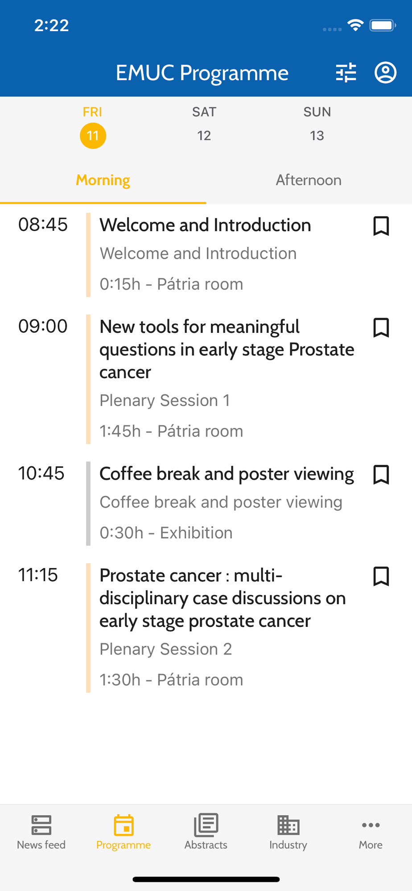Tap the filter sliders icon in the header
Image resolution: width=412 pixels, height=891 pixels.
click(346, 73)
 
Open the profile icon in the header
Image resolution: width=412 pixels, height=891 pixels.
click(385, 73)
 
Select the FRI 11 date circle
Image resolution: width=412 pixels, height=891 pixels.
click(93, 135)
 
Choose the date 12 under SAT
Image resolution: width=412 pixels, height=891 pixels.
click(204, 135)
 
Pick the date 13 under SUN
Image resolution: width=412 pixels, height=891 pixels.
click(317, 135)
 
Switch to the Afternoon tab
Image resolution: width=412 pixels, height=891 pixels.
click(309, 180)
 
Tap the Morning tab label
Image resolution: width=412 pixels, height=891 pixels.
click(103, 180)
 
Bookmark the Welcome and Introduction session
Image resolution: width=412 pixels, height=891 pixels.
click(381, 226)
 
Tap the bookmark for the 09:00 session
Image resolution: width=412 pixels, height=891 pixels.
click(381, 327)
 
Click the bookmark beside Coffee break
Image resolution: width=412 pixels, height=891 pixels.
click(381, 474)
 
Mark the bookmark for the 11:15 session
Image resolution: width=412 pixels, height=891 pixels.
click(381, 576)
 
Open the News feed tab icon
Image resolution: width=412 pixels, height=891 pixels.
click(41, 825)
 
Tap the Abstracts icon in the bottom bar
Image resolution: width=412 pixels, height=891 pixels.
click(206, 825)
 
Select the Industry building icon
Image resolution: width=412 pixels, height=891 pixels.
click(288, 825)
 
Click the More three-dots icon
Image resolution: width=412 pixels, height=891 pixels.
click(371, 825)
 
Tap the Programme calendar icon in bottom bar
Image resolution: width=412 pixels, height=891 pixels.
click(124, 825)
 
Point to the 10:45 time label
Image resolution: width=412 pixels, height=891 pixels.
click(41, 473)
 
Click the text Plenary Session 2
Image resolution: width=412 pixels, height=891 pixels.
click(166, 649)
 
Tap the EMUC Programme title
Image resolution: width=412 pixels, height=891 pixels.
click(202, 73)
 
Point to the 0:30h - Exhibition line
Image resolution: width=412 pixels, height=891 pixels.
click(166, 533)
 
